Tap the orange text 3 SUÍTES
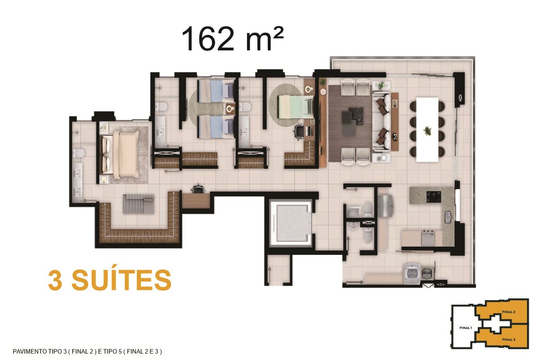(x=110, y=280)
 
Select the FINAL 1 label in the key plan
(x=465, y=328)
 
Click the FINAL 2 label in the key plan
(x=508, y=312)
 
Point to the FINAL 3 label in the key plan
(x=508, y=339)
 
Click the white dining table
(x=427, y=130)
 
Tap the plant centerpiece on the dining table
(x=427, y=131)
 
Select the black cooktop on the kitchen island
(x=434, y=197)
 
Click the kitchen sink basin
(x=448, y=217)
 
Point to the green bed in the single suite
(x=296, y=107)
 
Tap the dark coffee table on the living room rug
(x=353, y=117)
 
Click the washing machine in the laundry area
(x=413, y=274)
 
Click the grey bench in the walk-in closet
(x=139, y=204)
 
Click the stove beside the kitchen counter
(x=427, y=238)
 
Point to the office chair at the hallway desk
(x=198, y=189)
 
